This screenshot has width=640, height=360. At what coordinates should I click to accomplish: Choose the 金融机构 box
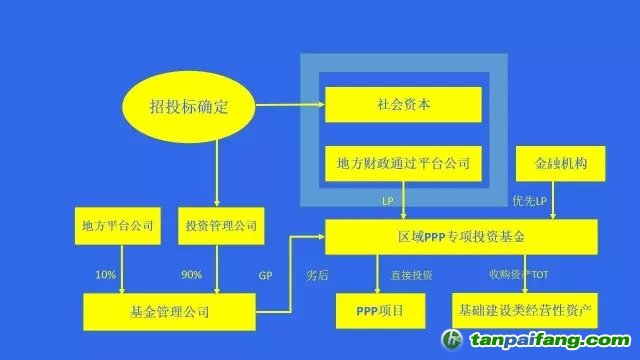coord(559,162)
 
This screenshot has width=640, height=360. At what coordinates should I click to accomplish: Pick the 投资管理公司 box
coord(221,225)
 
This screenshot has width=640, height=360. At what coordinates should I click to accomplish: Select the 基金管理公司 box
coord(169,311)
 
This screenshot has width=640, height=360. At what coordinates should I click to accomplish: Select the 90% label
coord(192,273)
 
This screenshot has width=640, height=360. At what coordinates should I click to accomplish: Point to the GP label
coord(266,273)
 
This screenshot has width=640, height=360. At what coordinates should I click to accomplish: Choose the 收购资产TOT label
coord(518,272)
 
